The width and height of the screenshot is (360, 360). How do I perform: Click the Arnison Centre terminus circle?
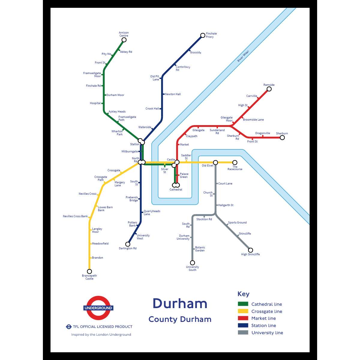point(124,40)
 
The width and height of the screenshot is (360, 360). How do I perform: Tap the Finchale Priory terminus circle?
point(203,36)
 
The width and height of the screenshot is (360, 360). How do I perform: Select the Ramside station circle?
point(269,89)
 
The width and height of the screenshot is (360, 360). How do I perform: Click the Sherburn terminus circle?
point(282,138)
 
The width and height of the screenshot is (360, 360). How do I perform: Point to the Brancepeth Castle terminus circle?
point(89,271)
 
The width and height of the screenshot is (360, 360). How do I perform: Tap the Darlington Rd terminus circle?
point(128,244)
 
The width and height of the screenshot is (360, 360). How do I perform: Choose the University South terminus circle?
point(193,263)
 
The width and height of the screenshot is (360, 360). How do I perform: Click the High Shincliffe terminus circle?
point(250,250)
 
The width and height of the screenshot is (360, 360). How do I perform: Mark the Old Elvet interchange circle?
point(215,163)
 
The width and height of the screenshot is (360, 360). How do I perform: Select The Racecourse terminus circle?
point(235,163)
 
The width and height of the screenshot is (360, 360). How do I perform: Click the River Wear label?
point(243,56)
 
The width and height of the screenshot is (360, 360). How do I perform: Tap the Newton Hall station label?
point(173,94)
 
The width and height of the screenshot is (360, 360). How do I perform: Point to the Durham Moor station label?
point(115,95)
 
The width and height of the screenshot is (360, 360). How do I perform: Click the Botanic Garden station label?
point(200,249)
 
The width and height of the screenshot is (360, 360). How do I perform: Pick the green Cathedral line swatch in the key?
point(243,304)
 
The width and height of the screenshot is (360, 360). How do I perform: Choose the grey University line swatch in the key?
point(243,332)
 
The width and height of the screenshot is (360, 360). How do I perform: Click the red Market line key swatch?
point(243,318)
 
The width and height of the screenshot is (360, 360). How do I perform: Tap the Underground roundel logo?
point(98,308)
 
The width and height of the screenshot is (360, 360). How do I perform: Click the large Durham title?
point(180,304)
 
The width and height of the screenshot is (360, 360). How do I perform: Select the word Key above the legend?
point(243,294)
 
